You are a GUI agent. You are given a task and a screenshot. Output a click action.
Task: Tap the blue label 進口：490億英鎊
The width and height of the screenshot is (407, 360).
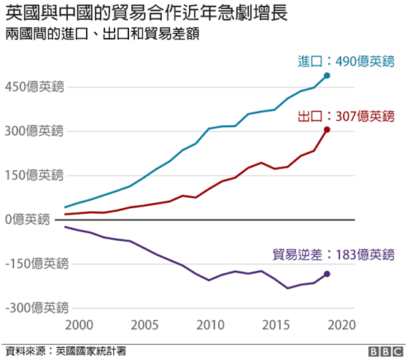pos(346,61)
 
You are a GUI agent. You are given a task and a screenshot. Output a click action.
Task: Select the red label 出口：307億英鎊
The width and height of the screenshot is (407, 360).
pos(346,115)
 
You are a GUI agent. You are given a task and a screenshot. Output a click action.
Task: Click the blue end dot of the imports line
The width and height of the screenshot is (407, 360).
pos(327,75)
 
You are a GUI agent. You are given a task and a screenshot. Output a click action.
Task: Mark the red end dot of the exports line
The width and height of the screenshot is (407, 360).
pos(327,130)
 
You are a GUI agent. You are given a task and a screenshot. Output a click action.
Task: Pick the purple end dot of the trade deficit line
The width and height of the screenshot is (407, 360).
pos(327,274)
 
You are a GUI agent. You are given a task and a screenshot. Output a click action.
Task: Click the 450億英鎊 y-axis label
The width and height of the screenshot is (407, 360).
pos(34,87)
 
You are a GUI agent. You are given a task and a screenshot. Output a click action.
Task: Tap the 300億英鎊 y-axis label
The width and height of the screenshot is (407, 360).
pos(34,131)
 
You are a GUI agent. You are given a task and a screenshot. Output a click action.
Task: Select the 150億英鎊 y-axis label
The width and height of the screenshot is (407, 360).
pos(34,175)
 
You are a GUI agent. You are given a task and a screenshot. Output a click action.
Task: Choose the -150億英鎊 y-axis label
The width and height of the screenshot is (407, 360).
pos(34,264)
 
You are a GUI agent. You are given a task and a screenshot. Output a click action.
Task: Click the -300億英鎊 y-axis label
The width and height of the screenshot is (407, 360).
pos(34,307)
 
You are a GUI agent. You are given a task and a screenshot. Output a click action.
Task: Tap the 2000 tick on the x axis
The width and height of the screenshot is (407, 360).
pos(79,323)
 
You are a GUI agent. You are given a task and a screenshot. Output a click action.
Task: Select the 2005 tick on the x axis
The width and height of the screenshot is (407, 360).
pos(144,323)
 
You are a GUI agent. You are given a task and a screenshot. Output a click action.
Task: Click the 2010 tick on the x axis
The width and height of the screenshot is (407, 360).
pos(209,323)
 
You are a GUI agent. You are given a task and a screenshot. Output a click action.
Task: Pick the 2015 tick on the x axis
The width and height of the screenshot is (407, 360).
pos(275,323)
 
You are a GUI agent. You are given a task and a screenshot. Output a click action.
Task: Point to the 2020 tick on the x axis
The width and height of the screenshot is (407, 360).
pos(340,323)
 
